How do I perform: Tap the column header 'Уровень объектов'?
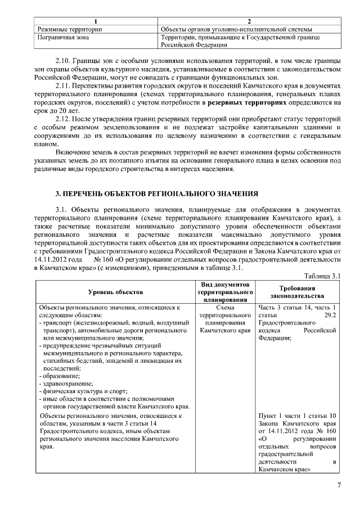[115, 292]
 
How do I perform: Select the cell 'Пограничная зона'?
[63, 37]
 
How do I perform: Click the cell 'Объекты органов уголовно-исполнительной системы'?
[236, 29]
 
